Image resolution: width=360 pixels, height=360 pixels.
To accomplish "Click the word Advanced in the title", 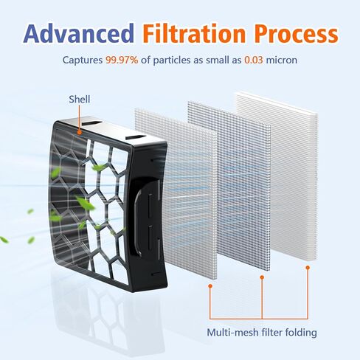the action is (79, 33).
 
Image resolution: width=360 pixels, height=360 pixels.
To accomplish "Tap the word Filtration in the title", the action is (194, 33).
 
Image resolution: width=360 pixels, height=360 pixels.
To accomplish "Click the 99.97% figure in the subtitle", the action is (122, 60).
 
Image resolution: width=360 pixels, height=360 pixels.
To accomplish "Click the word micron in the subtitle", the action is (282, 60).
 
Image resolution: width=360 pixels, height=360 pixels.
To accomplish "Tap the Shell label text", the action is (79, 99).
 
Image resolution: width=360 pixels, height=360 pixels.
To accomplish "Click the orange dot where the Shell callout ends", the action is (79, 132).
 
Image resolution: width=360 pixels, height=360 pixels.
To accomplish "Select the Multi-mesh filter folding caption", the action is (262, 333).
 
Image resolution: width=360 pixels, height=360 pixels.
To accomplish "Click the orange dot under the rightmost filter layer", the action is (308, 267).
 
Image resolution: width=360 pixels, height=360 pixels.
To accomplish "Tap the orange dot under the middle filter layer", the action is (262, 277).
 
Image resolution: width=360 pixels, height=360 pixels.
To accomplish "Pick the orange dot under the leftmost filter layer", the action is (210, 286).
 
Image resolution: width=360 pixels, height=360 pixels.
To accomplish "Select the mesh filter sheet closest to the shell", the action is (187, 194).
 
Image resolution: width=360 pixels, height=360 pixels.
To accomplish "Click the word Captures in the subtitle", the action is (83, 60).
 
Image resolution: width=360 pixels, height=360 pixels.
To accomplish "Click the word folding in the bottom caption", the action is (301, 333).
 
